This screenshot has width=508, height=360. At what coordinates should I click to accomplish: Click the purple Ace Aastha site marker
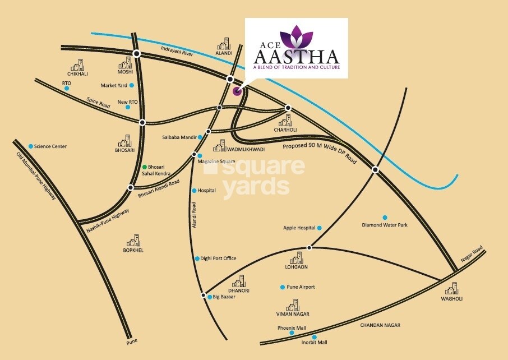point(237,91)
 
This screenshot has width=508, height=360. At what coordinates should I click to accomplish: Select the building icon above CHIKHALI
point(78,64)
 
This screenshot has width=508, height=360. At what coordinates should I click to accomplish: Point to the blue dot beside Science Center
point(31,146)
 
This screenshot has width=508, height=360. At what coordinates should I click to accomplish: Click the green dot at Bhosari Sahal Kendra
point(144,167)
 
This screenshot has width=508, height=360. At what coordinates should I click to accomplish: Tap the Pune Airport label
point(301,287)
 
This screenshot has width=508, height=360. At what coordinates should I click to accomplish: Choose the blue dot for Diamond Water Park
point(385,218)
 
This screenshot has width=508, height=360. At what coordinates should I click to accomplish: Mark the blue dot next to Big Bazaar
point(209,297)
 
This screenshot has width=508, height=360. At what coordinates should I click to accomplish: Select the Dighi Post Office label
point(219,259)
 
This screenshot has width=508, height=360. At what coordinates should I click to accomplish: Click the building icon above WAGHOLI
point(452,289)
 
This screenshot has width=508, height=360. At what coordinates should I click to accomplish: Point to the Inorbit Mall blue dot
point(306,337)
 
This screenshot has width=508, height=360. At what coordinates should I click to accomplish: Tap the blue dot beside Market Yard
point(132,85)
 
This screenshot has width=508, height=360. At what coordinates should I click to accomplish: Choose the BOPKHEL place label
point(133,250)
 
